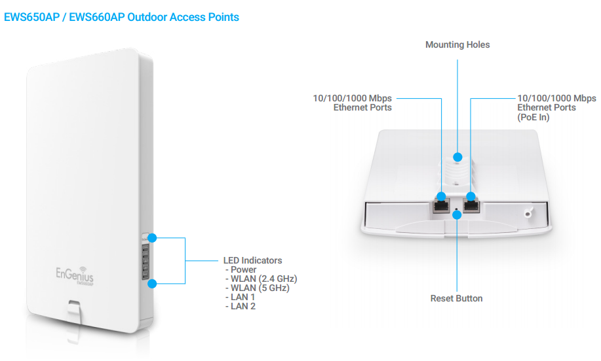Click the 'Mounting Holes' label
[457, 45]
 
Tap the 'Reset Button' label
[456, 298]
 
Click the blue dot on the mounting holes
[457, 157]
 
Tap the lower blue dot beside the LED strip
[153, 283]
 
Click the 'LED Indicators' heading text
[253, 260]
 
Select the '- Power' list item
[241, 269]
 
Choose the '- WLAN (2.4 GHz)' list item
[260, 279]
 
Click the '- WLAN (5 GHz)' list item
[256, 288]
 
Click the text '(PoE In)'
[533, 117]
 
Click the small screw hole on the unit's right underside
[527, 213]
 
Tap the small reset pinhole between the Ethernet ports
[457, 211]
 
